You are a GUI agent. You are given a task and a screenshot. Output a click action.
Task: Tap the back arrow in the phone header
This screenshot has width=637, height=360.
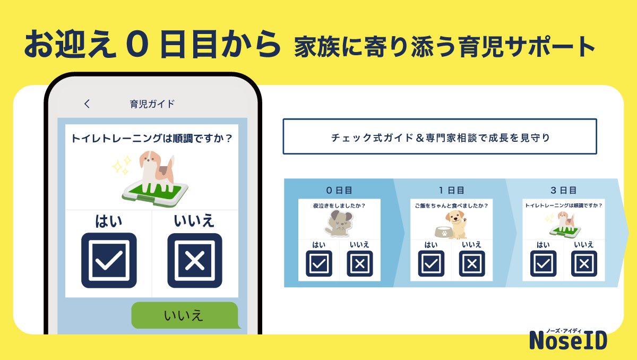coord(87,104)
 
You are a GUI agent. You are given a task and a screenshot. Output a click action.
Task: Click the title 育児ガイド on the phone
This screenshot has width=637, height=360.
coord(152,104)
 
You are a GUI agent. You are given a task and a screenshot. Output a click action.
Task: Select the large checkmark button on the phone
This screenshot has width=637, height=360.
coord(109,260)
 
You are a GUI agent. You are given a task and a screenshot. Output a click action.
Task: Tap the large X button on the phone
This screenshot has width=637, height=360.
coord(195,260)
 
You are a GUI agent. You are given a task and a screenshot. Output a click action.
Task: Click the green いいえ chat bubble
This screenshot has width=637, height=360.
coord(184,315)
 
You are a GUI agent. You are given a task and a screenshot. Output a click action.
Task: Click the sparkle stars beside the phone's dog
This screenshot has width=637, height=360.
coord(121,166)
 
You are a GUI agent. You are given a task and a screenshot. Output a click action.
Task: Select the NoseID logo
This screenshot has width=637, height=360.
coord(568,339)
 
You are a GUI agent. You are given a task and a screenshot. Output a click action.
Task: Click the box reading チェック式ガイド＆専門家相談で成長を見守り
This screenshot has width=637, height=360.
coord(440,136)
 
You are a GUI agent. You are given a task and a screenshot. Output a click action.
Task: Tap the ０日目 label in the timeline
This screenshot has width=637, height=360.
coord(339,190)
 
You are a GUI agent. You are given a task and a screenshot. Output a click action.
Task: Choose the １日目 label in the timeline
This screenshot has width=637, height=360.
coord(451,190)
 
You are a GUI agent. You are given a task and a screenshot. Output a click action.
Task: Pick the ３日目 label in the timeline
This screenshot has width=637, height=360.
coord(563,190)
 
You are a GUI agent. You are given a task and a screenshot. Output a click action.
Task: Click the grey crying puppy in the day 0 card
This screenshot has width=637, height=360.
coord(338,223)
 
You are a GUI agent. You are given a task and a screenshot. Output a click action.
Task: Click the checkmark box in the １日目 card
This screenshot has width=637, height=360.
coord(431,263)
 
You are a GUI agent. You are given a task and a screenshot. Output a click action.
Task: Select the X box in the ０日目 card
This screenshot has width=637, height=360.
coord(359,263)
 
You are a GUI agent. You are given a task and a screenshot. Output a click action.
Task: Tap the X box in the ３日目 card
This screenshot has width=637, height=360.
coord(584,263)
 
